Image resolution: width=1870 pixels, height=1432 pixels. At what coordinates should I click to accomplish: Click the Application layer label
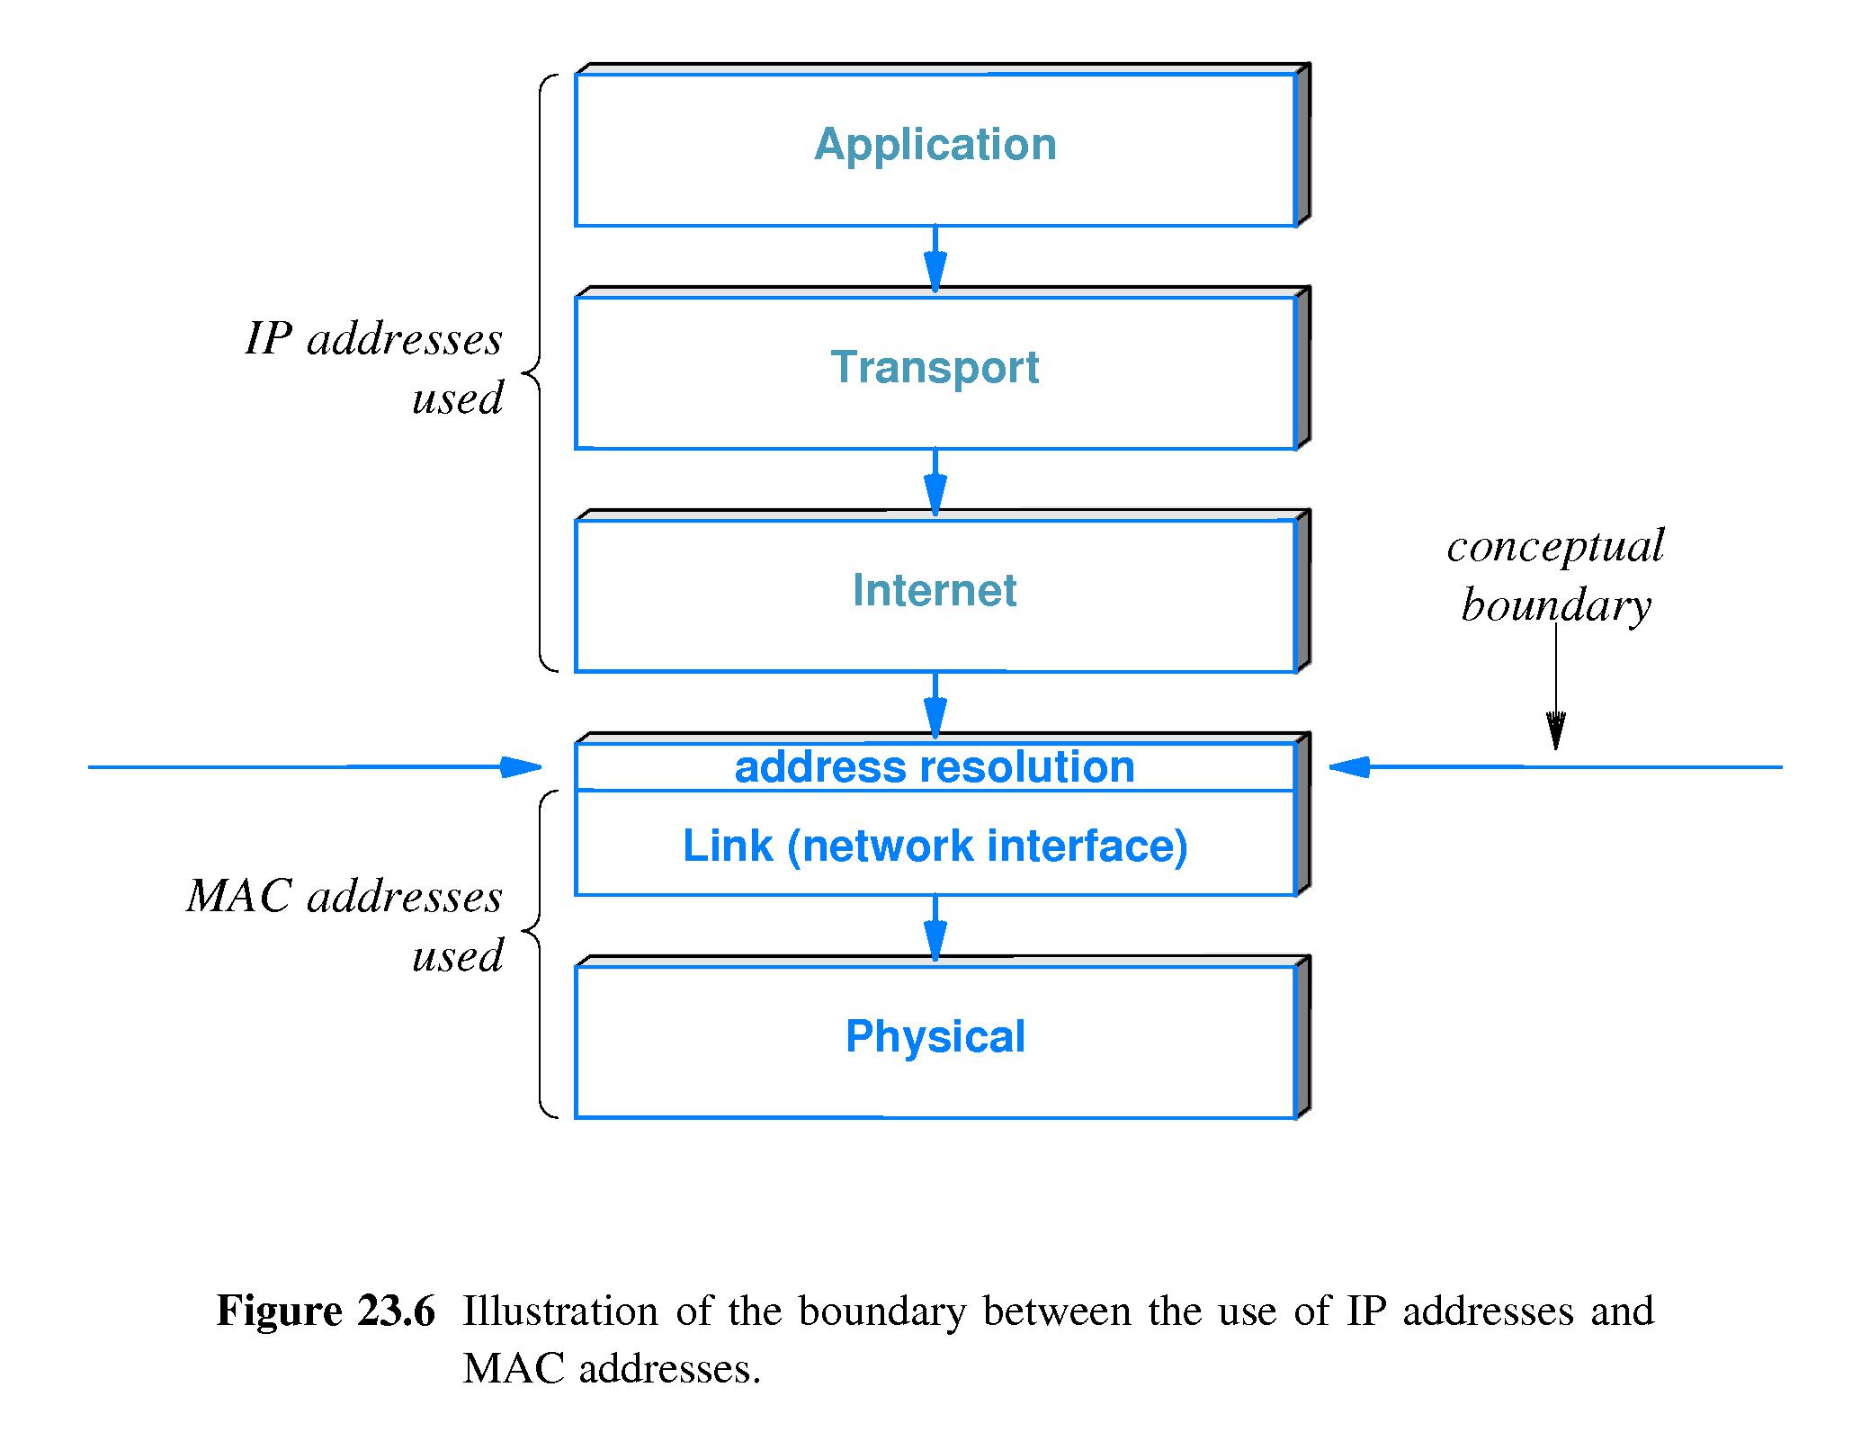click(935, 145)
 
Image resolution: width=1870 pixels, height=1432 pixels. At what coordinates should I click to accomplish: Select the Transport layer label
click(935, 368)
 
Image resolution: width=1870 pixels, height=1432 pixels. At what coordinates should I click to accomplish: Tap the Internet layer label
click(935, 591)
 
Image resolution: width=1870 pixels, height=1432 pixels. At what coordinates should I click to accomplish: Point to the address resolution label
click(935, 767)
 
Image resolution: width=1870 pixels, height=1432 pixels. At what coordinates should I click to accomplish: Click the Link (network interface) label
click(935, 846)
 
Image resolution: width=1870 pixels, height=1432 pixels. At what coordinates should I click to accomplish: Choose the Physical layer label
click(935, 1036)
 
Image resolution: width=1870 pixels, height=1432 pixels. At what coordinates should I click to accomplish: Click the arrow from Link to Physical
click(935, 928)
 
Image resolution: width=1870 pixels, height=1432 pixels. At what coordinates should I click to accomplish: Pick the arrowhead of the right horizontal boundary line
click(1350, 767)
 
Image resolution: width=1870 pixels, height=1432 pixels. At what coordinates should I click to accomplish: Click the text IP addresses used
click(374, 368)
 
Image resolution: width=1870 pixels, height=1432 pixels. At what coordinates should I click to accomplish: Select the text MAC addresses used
click(345, 925)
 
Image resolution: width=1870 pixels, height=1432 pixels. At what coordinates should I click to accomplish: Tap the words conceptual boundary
click(1556, 575)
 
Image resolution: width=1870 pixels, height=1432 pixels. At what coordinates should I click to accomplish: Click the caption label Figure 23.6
click(326, 1311)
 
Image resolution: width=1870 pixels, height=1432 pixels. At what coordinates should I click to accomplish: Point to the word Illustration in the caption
click(560, 1311)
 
